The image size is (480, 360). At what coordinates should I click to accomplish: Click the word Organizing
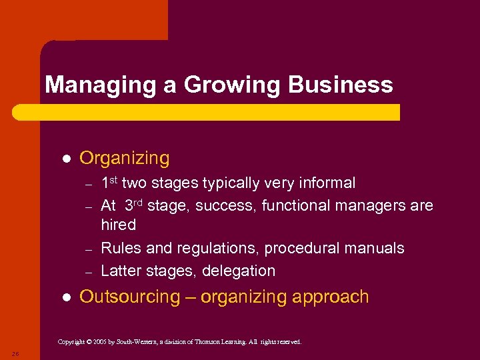[x=125, y=159]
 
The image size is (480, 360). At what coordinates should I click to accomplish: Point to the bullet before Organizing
[x=66, y=159]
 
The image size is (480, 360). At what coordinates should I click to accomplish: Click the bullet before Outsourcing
[x=66, y=297]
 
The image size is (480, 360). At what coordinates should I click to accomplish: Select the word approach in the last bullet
[x=333, y=297]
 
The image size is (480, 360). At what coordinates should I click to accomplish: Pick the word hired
[x=119, y=225]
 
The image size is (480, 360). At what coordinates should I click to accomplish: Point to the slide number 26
[x=15, y=353]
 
